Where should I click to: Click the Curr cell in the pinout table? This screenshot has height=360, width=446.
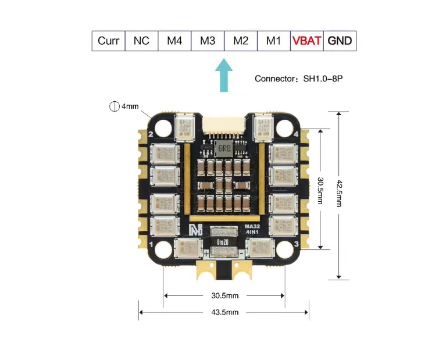pyautogui.click(x=109, y=41)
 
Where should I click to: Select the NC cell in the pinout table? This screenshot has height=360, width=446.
pyautogui.click(x=141, y=41)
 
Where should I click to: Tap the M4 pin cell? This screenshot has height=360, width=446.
pyautogui.click(x=174, y=41)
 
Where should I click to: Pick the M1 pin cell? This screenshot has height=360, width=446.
pyautogui.click(x=273, y=41)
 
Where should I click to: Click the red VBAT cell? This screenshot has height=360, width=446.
pyautogui.click(x=306, y=41)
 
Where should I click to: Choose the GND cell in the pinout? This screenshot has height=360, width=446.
pyautogui.click(x=340, y=41)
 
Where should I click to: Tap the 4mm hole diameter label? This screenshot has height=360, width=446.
pyautogui.click(x=130, y=106)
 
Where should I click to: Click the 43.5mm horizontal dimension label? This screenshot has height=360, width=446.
pyautogui.click(x=224, y=312)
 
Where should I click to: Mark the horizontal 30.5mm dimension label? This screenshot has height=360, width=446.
pyautogui.click(x=224, y=295)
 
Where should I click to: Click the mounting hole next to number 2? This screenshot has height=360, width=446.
pyautogui.click(x=165, y=127)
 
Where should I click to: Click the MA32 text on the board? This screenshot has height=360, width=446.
pyautogui.click(x=251, y=226)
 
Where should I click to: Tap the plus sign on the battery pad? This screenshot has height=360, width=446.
pyautogui.click(x=205, y=254)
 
